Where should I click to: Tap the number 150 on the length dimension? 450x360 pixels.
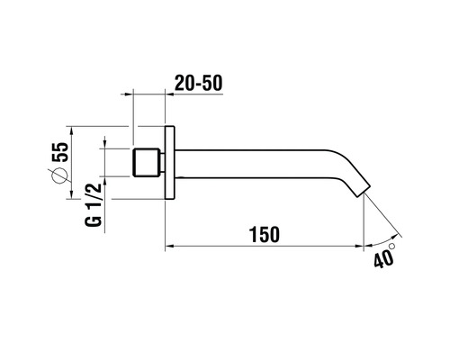262,233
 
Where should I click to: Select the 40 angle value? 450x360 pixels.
382,259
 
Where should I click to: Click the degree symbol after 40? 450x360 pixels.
393,243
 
